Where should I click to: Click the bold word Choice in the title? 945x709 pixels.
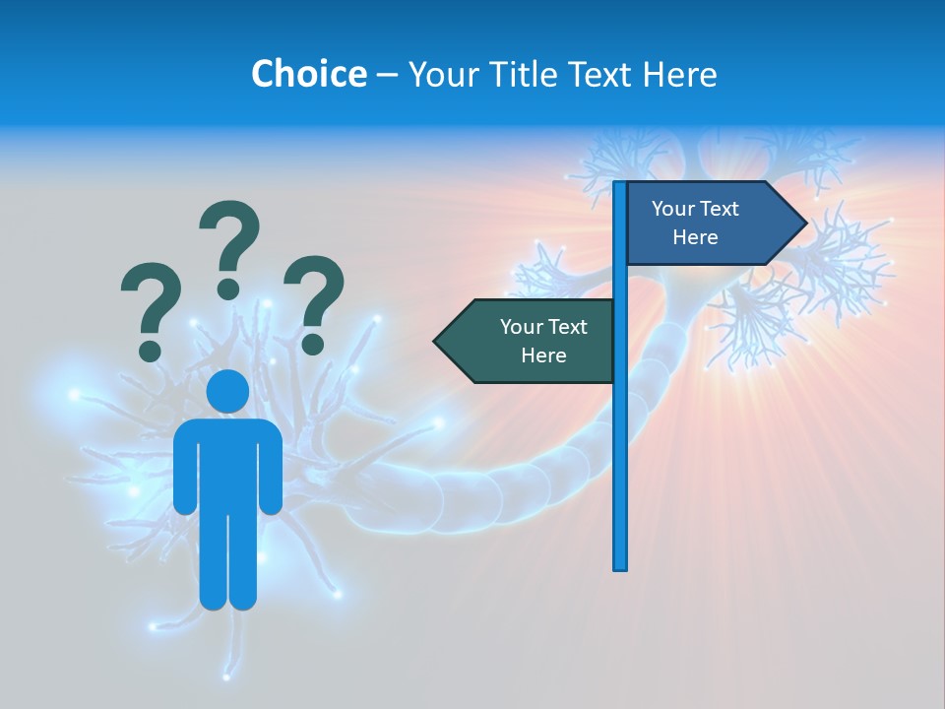308,74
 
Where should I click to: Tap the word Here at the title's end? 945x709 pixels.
679,74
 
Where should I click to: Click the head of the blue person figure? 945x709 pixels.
227,392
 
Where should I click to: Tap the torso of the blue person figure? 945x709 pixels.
227,463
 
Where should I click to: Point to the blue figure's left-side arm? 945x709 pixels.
184,468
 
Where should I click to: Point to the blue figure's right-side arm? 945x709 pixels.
272,468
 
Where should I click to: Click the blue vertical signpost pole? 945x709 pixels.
619,443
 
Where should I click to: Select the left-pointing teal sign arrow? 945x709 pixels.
527,342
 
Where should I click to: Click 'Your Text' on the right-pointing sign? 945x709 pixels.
695,209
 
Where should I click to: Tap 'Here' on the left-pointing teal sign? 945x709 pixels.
543,355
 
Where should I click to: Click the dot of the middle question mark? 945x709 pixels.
228,289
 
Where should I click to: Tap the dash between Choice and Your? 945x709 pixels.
387,75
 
